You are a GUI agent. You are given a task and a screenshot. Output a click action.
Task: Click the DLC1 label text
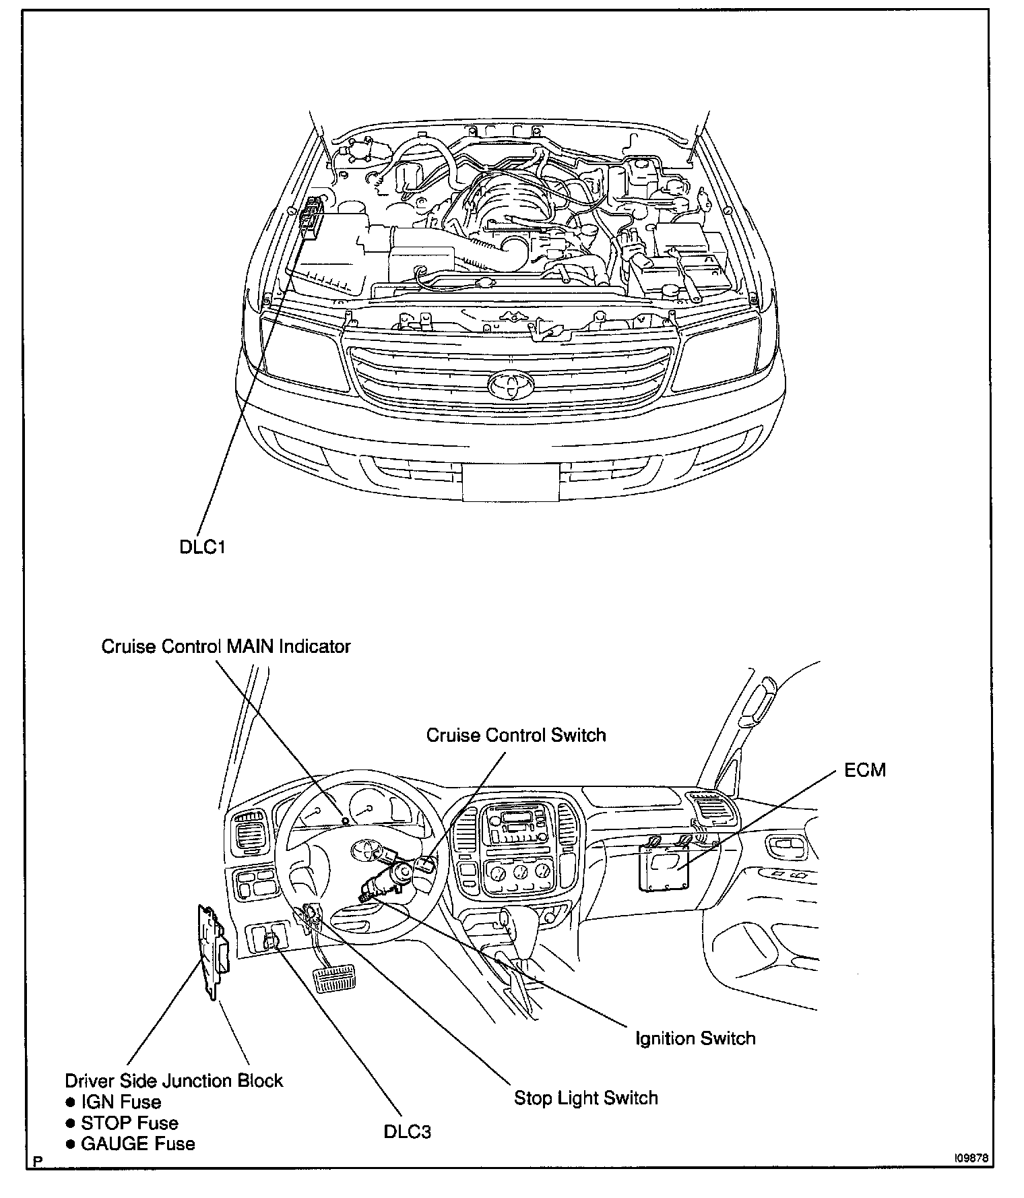coord(201,546)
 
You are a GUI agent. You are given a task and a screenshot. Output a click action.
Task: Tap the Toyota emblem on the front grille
coord(509,383)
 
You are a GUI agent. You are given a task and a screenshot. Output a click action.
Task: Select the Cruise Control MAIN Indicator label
coord(226,647)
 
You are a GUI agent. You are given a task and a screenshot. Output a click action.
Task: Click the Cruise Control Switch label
coord(516,734)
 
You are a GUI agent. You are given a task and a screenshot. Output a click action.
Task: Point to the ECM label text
coord(865,769)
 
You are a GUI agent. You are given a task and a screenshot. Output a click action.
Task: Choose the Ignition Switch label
coord(695,1038)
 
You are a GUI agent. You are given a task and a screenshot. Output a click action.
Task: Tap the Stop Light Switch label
coord(585,1098)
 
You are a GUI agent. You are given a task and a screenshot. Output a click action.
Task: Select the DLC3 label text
coord(407,1131)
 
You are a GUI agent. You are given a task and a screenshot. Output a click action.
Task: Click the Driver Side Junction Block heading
coord(174,1081)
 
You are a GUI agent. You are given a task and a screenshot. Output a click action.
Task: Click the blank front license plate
coord(510,482)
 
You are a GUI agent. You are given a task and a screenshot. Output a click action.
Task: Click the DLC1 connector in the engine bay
coord(311,218)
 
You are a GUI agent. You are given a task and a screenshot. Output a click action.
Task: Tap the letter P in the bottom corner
coord(36,1162)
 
